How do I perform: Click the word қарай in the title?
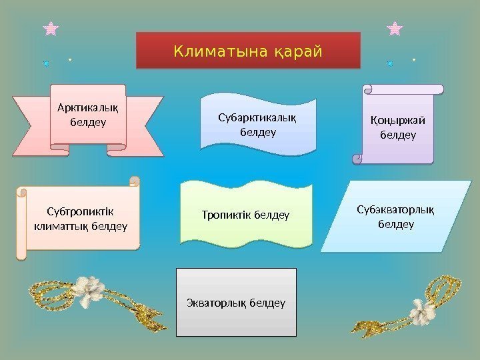(x=297, y=51)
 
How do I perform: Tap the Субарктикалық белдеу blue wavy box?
(x=258, y=125)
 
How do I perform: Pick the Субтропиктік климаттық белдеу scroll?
(x=80, y=219)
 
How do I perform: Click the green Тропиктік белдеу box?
(x=245, y=215)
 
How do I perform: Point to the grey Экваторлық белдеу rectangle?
(x=236, y=303)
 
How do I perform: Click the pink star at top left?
(x=50, y=28)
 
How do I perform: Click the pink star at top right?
(x=395, y=28)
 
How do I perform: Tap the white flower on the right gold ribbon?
(x=421, y=309)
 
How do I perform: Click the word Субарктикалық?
(x=258, y=118)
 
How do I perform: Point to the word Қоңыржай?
(x=398, y=120)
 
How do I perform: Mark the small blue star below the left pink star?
(x=46, y=63)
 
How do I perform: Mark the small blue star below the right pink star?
(x=390, y=63)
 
